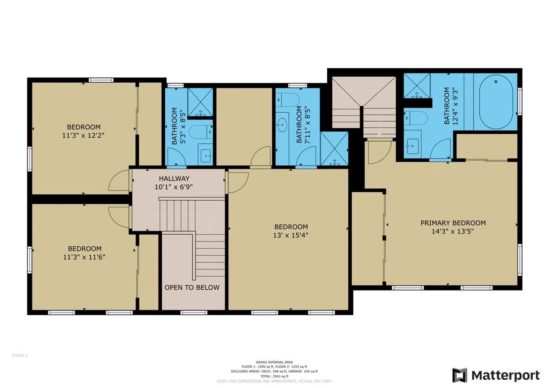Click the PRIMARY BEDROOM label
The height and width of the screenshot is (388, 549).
pyautogui.click(x=453, y=223)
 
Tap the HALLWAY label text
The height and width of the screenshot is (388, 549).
pyautogui.click(x=174, y=179)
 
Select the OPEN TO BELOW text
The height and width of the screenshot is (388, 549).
pyautogui.click(x=192, y=288)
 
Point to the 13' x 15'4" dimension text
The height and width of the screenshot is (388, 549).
pyautogui.click(x=291, y=235)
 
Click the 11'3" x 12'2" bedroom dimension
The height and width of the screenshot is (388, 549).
pyautogui.click(x=83, y=135)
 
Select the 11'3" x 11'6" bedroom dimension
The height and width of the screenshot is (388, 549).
pyautogui.click(x=84, y=257)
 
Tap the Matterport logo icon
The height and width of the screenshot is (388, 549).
pyautogui.click(x=460, y=375)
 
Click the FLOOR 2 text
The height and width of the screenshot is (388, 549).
pyautogui.click(x=20, y=355)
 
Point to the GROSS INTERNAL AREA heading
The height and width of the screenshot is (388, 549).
pyautogui.click(x=274, y=362)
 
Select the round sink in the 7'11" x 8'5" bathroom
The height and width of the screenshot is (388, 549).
pyautogui.click(x=282, y=125)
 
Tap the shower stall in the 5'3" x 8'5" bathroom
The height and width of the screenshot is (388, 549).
pyautogui.click(x=200, y=102)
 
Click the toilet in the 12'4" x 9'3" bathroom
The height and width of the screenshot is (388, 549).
pyautogui.click(x=416, y=118)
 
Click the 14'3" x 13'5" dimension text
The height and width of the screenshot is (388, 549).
pyautogui.click(x=453, y=231)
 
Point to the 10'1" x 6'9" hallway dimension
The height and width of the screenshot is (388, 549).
pyautogui.click(x=174, y=187)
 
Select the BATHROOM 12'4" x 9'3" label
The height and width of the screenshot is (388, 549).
pyautogui.click(x=451, y=106)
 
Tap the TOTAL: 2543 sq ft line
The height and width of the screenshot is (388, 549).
pyautogui.click(x=274, y=376)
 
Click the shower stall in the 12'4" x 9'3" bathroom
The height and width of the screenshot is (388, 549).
pyautogui.click(x=417, y=85)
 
